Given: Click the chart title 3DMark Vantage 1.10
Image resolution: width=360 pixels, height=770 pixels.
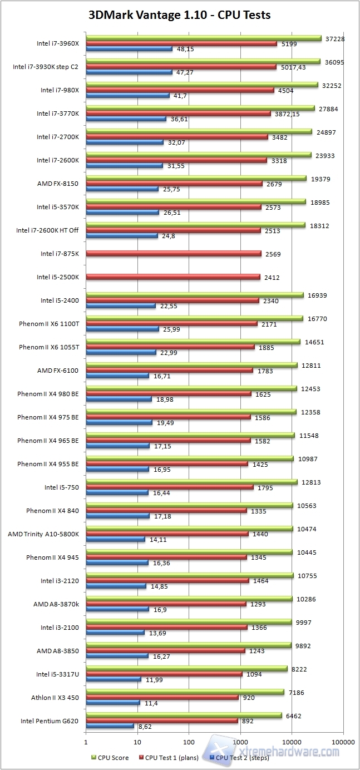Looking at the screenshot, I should (x=179, y=15).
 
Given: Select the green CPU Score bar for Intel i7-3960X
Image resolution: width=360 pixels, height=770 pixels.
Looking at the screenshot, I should (x=203, y=38).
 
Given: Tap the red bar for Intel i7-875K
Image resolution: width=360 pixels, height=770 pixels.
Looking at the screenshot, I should (x=173, y=254).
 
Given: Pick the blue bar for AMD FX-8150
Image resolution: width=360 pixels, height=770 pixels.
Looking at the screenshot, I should (x=122, y=189).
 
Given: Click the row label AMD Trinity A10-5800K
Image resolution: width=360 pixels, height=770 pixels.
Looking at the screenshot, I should (x=43, y=534).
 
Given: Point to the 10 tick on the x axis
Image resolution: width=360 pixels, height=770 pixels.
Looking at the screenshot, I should (x=137, y=742).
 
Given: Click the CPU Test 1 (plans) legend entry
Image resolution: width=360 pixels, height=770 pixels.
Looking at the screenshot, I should (x=172, y=757).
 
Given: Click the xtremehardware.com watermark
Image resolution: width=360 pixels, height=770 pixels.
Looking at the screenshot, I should (x=289, y=751).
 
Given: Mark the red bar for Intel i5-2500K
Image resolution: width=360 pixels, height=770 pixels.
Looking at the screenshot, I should (x=172, y=277).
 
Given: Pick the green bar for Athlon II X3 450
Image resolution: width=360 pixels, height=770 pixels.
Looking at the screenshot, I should (x=185, y=692).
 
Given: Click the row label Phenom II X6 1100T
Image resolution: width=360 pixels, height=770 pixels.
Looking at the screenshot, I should (x=49, y=323).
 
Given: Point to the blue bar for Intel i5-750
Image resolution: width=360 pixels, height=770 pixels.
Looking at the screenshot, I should (x=117, y=492).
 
